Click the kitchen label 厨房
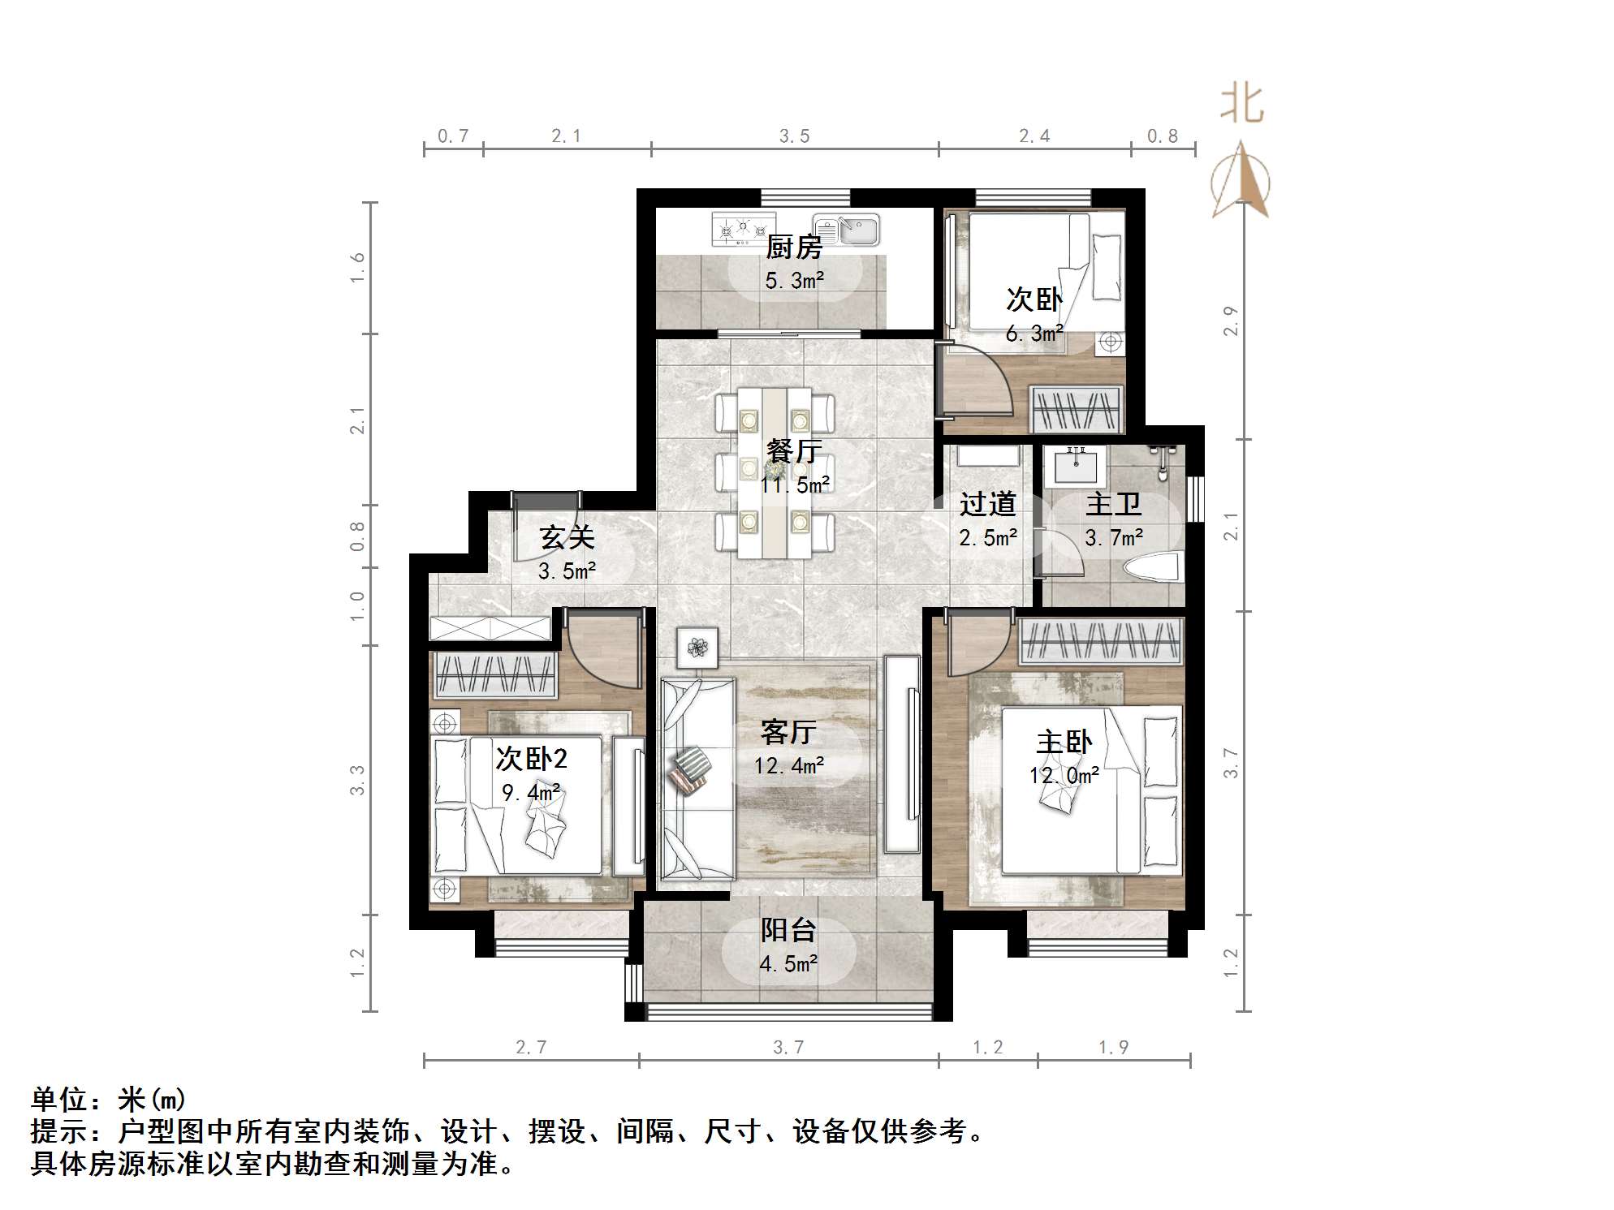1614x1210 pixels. point(793,247)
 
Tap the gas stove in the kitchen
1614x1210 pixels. point(743,228)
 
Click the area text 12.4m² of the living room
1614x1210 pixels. point(789,765)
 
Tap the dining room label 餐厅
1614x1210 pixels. point(794,450)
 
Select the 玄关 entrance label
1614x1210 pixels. point(567,537)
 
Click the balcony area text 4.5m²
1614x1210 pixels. point(788,964)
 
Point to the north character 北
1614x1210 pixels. point(1241,105)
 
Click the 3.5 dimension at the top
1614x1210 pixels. point(794,136)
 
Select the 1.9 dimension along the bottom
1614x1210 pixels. point(1113,1048)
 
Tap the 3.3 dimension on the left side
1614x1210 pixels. point(357,780)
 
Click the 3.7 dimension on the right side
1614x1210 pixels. point(1231,764)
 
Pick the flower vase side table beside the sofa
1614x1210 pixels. point(697,647)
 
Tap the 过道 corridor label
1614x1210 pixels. point(987,504)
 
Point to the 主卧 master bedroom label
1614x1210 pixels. point(1064,742)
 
